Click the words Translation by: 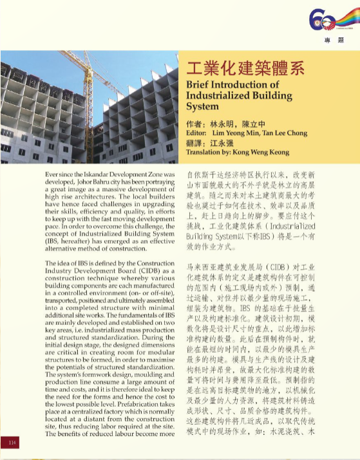click(x=207, y=152)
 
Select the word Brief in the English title click(x=198, y=84)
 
